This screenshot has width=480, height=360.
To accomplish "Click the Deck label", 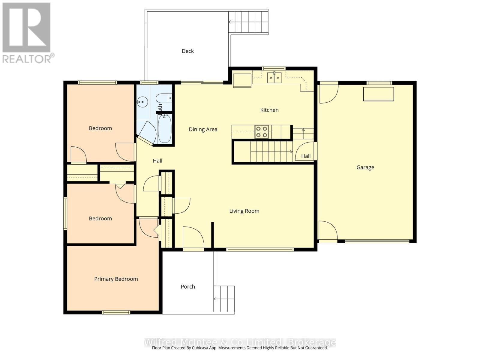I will (187, 51).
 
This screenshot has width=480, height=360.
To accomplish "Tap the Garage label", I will (365, 167).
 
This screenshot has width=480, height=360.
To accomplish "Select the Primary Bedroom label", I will (116, 279).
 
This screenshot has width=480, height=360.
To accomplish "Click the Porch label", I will (188, 286).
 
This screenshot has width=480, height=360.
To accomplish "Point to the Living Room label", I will (244, 211).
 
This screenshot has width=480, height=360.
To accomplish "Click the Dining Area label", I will (203, 129).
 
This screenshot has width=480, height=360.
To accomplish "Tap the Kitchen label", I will (269, 110).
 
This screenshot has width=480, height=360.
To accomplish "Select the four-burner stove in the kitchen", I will (261, 132).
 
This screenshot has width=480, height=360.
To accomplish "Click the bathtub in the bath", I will (165, 129).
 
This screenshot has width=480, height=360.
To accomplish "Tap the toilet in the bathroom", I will (164, 98).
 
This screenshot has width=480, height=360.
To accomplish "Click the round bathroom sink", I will (142, 102).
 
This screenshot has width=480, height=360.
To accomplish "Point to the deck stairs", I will (248, 22).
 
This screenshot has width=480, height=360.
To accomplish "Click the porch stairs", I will (224, 299).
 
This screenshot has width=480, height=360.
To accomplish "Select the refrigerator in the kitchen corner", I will (242, 80).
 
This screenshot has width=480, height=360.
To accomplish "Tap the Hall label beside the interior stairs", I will (306, 156).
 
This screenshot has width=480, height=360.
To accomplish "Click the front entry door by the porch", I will (193, 237).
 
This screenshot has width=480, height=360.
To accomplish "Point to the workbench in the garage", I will (378, 94).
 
